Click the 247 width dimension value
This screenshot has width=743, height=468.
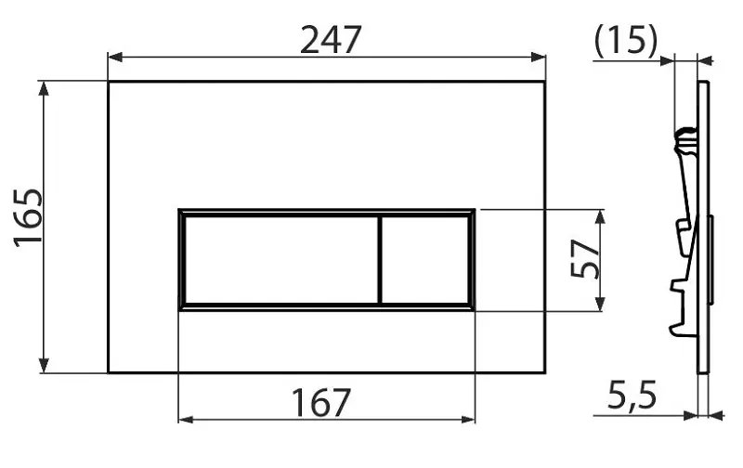[x=331, y=40]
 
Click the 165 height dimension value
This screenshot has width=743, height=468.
[x=28, y=218]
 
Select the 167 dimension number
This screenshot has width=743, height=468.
[x=320, y=402]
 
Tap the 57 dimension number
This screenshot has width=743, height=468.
[x=585, y=259]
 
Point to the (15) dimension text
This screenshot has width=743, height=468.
[x=626, y=40]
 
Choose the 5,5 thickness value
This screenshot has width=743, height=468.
[x=632, y=395]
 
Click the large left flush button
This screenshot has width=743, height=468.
[x=281, y=260]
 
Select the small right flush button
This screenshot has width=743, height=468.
[x=425, y=260]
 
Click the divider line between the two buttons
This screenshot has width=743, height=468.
[x=380, y=260]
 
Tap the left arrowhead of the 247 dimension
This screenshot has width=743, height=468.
[x=115, y=58]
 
